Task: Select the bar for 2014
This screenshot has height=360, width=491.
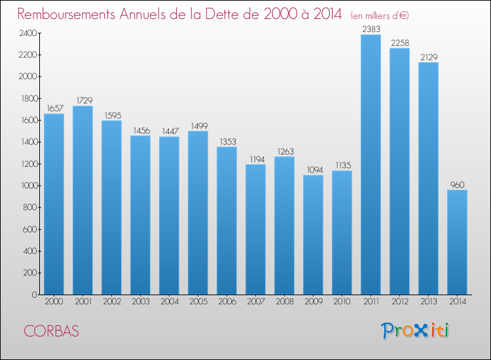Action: [x=457, y=242]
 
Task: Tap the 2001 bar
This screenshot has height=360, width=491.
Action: [x=82, y=200]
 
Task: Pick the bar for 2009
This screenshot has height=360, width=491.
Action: [x=313, y=235]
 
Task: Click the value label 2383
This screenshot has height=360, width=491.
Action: [x=371, y=29]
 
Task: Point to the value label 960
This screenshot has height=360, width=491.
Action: [x=457, y=185]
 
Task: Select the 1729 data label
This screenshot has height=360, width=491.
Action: [x=82, y=100]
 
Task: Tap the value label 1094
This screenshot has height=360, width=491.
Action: [x=313, y=170]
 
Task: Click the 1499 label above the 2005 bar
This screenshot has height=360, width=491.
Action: [x=198, y=126]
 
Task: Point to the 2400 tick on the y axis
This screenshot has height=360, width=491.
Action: [x=27, y=33]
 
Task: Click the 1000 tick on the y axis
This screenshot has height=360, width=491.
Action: [x=27, y=186]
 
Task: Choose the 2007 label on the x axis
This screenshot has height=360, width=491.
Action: [x=255, y=302]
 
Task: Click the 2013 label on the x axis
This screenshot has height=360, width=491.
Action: [x=428, y=302]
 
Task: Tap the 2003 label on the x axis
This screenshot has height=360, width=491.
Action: [x=140, y=302]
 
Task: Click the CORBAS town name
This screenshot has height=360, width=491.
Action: [x=52, y=331]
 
